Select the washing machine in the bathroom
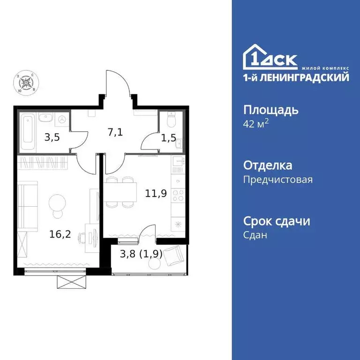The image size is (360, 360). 61,119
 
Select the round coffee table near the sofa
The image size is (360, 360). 58,202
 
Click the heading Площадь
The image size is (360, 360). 271,111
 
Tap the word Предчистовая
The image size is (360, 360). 278,179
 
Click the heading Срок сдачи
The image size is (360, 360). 277,221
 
